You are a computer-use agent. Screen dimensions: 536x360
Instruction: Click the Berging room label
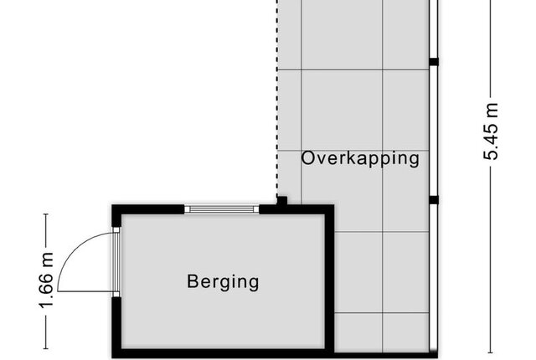tap(223, 282)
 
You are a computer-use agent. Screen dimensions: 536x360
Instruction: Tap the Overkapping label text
tap(360, 159)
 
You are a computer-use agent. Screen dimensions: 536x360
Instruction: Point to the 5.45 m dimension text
tap(491, 131)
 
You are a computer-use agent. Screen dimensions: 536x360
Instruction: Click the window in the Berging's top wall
tap(221, 209)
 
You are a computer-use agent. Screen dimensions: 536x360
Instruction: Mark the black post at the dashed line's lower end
tap(281, 201)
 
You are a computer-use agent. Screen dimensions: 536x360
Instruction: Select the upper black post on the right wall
tap(434, 62)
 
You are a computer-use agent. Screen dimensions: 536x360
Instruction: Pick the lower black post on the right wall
tap(434, 200)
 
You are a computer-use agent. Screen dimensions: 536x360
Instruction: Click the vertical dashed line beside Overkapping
tap(277, 98)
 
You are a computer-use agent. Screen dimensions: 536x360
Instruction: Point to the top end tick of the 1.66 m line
tap(46, 214)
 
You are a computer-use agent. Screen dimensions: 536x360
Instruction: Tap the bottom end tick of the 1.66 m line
tap(46, 349)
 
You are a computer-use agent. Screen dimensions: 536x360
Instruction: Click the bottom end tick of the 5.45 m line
tap(491, 352)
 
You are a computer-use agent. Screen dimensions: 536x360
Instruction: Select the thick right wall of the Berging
tap(329, 281)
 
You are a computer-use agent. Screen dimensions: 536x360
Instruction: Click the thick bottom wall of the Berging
tap(223, 353)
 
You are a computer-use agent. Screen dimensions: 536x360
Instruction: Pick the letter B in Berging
tap(193, 281)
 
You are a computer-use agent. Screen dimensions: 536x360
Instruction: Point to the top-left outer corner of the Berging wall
tap(112, 205)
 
